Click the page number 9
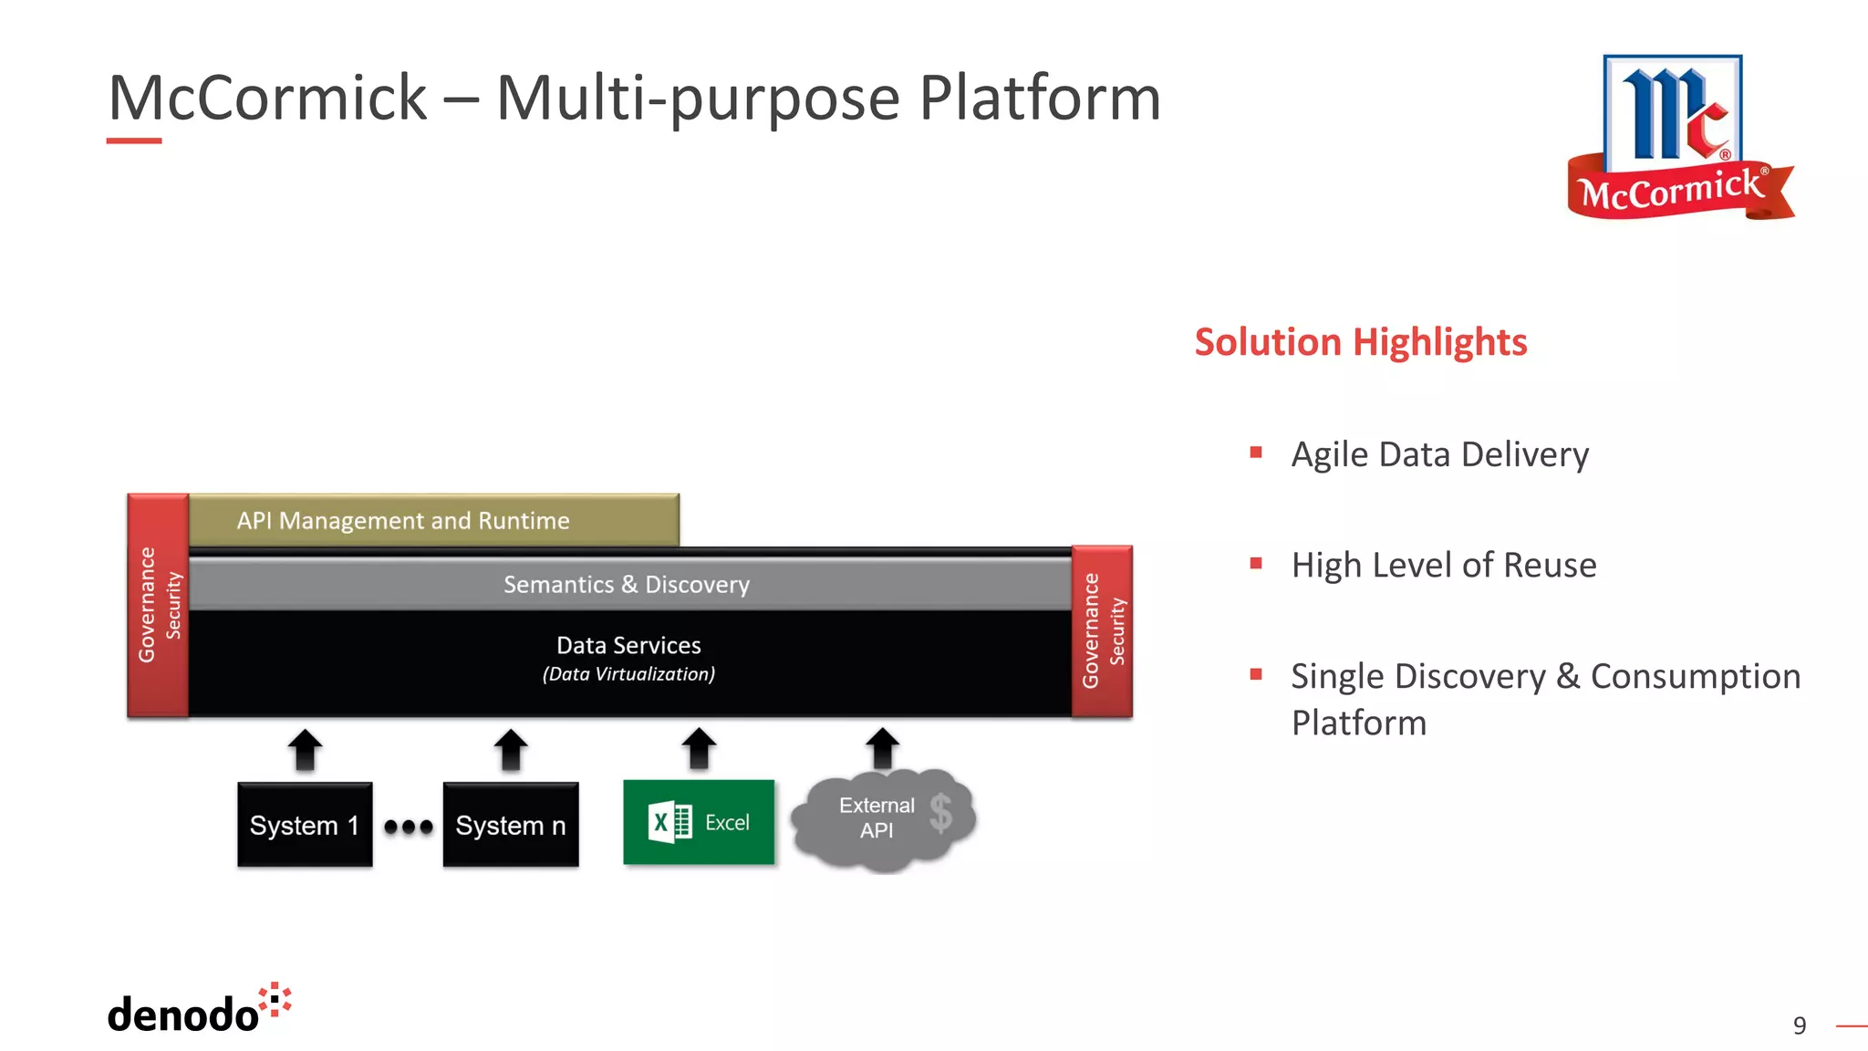1799,1025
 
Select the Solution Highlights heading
1360,342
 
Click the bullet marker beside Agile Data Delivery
1256,453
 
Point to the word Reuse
1550,565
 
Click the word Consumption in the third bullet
1695,676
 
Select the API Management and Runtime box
433,520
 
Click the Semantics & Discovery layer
628,584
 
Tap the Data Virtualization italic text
628,674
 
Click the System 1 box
305,825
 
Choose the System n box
511,825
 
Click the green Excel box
699,822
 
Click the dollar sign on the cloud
941,813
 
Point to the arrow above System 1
305,750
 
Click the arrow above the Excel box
699,748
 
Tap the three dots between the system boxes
408,827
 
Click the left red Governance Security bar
158,605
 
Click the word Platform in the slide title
1039,98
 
